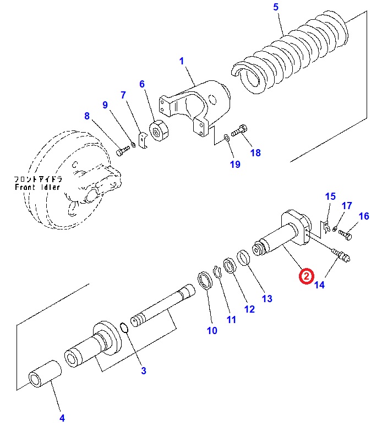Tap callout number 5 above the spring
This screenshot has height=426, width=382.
coord(276,7)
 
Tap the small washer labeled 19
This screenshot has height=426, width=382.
coord(227,137)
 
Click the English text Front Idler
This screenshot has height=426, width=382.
coord(38,187)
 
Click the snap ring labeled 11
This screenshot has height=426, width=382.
coord(218,271)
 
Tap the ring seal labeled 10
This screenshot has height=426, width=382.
coord(205,279)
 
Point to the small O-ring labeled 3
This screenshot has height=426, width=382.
coord(125,329)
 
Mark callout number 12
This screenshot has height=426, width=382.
coord(249,309)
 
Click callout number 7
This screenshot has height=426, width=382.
coord(123,95)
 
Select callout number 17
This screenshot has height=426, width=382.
coord(347,206)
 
